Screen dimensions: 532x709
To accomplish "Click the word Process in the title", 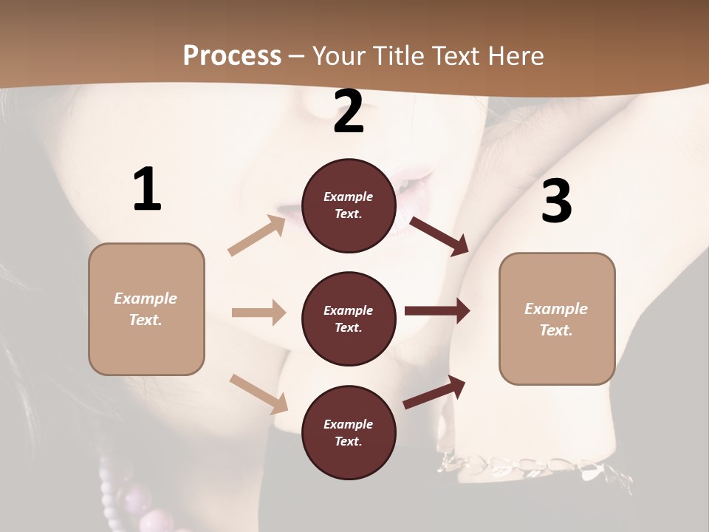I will tap(232, 56).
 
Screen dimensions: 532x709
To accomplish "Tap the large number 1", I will tap(147, 190).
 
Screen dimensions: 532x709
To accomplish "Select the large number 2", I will tap(349, 112).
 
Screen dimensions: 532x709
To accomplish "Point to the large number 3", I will tap(556, 201).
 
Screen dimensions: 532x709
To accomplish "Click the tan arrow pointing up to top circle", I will tap(257, 236).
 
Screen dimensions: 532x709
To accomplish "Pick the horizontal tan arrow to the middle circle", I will tap(258, 313).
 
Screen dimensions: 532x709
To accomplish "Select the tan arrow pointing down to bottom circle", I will tap(259, 394).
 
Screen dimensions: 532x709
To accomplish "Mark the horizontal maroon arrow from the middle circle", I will tap(437, 311).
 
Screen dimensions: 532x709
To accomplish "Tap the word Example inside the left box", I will tap(145, 299).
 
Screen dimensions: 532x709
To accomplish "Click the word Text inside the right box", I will tap(556, 330).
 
